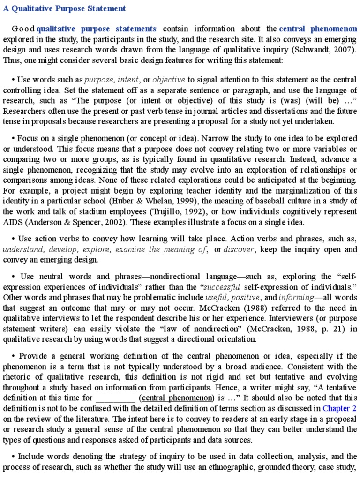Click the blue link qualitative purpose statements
click(97, 29)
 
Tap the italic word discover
click(239, 249)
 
